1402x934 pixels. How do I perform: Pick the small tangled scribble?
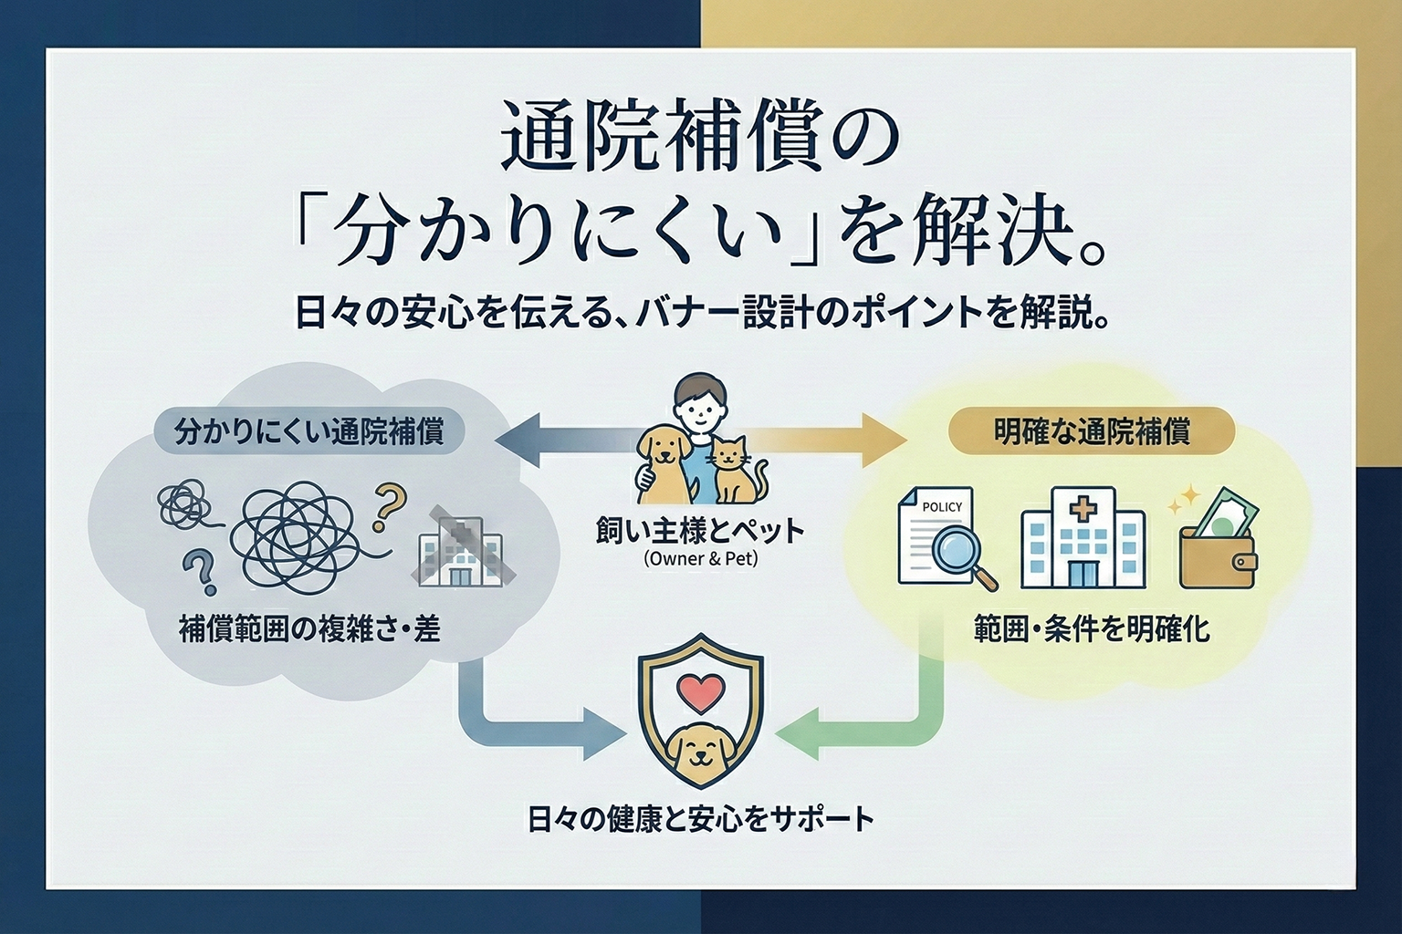point(183,503)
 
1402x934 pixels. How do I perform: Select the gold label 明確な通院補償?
point(1091,431)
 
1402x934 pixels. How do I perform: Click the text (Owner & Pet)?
point(700,559)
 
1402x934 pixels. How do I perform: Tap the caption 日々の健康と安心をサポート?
point(700,818)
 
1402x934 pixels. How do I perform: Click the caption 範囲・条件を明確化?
point(1091,629)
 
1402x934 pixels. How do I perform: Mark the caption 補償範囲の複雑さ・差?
point(309,629)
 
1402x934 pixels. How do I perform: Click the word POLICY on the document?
point(942,506)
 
